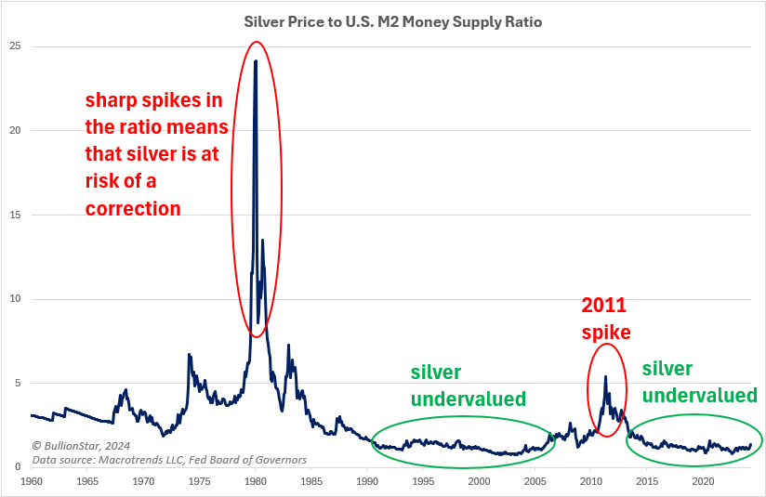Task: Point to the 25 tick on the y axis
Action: click(x=16, y=46)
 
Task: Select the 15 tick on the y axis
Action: click(x=16, y=216)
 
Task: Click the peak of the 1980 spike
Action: click(x=256, y=61)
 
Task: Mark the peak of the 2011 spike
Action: click(x=606, y=376)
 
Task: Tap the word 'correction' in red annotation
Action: click(x=133, y=209)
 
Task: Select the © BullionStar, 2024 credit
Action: click(x=82, y=445)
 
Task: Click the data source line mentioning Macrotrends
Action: click(x=169, y=459)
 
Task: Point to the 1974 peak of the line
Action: click(x=189, y=354)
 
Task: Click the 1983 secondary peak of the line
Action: click(x=288, y=346)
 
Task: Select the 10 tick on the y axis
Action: click(x=16, y=299)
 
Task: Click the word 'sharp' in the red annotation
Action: click(x=110, y=100)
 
